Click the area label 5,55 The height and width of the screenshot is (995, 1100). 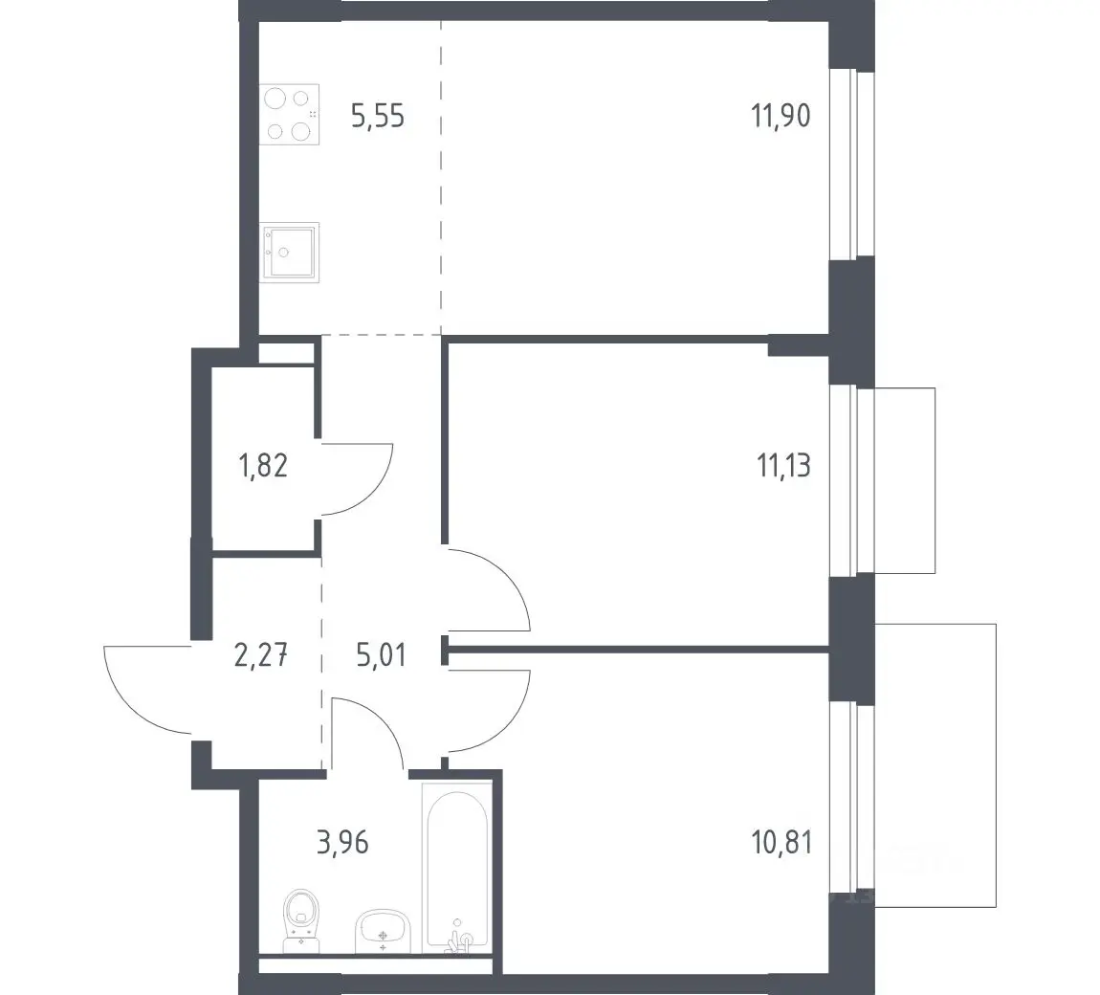point(378,116)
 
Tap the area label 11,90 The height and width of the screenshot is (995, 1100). point(781,115)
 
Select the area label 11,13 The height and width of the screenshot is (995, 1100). point(783,465)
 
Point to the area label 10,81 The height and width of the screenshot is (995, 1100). point(781,842)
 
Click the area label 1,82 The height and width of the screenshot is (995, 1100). point(264,465)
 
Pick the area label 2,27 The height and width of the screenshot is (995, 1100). point(261,655)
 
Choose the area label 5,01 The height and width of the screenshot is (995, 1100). point(381,655)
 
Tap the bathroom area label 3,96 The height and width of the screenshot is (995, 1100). point(342,842)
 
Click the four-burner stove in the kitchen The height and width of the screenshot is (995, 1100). point(289,115)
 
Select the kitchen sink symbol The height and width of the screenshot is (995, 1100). point(290,253)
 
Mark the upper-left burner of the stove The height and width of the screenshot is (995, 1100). point(275,98)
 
